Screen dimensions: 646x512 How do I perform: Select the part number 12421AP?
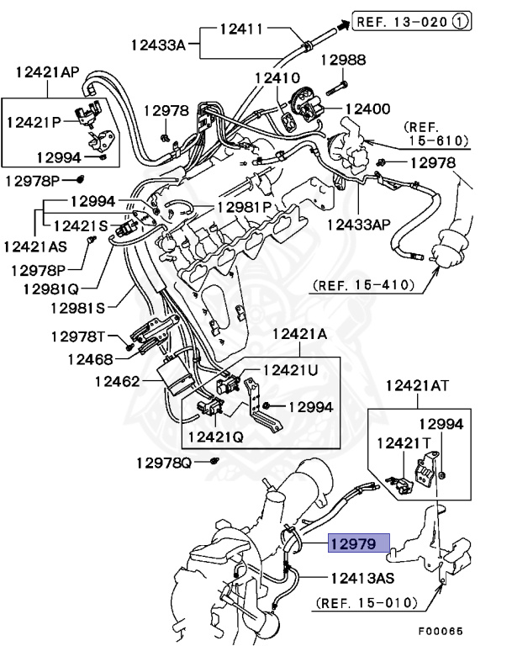click(x=47, y=72)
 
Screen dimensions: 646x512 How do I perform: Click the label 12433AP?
click(x=360, y=225)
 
